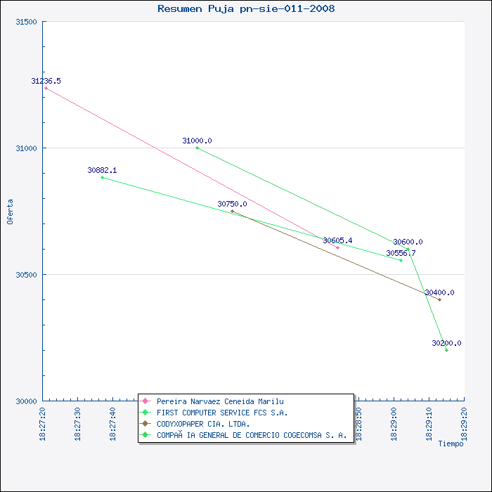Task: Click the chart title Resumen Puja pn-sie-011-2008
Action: pyautogui.click(x=246, y=9)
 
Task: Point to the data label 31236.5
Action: pyautogui.click(x=46, y=81)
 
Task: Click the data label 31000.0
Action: pyautogui.click(x=197, y=141)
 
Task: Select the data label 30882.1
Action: pyautogui.click(x=102, y=170)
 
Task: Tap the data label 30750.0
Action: pyautogui.click(x=232, y=204)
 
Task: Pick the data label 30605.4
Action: pyautogui.click(x=337, y=240)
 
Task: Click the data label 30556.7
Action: pyautogui.click(x=401, y=253)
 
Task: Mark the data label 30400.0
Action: pyautogui.click(x=439, y=292)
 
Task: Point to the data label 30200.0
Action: pyautogui.click(x=446, y=343)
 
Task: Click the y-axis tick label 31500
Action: pyautogui.click(x=25, y=22)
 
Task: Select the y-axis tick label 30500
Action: pyautogui.click(x=25, y=275)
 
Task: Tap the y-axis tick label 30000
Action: pyautogui.click(x=25, y=401)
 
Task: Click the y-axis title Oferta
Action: pyautogui.click(x=10, y=211)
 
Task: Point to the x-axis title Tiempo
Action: pyautogui.click(x=451, y=444)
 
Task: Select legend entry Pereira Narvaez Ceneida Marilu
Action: pyautogui.click(x=220, y=401)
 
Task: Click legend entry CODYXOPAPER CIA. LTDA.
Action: pyautogui.click(x=203, y=424)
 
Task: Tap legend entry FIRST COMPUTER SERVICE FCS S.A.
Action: pyautogui.click(x=222, y=413)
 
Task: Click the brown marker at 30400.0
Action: pyautogui.click(x=439, y=299)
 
